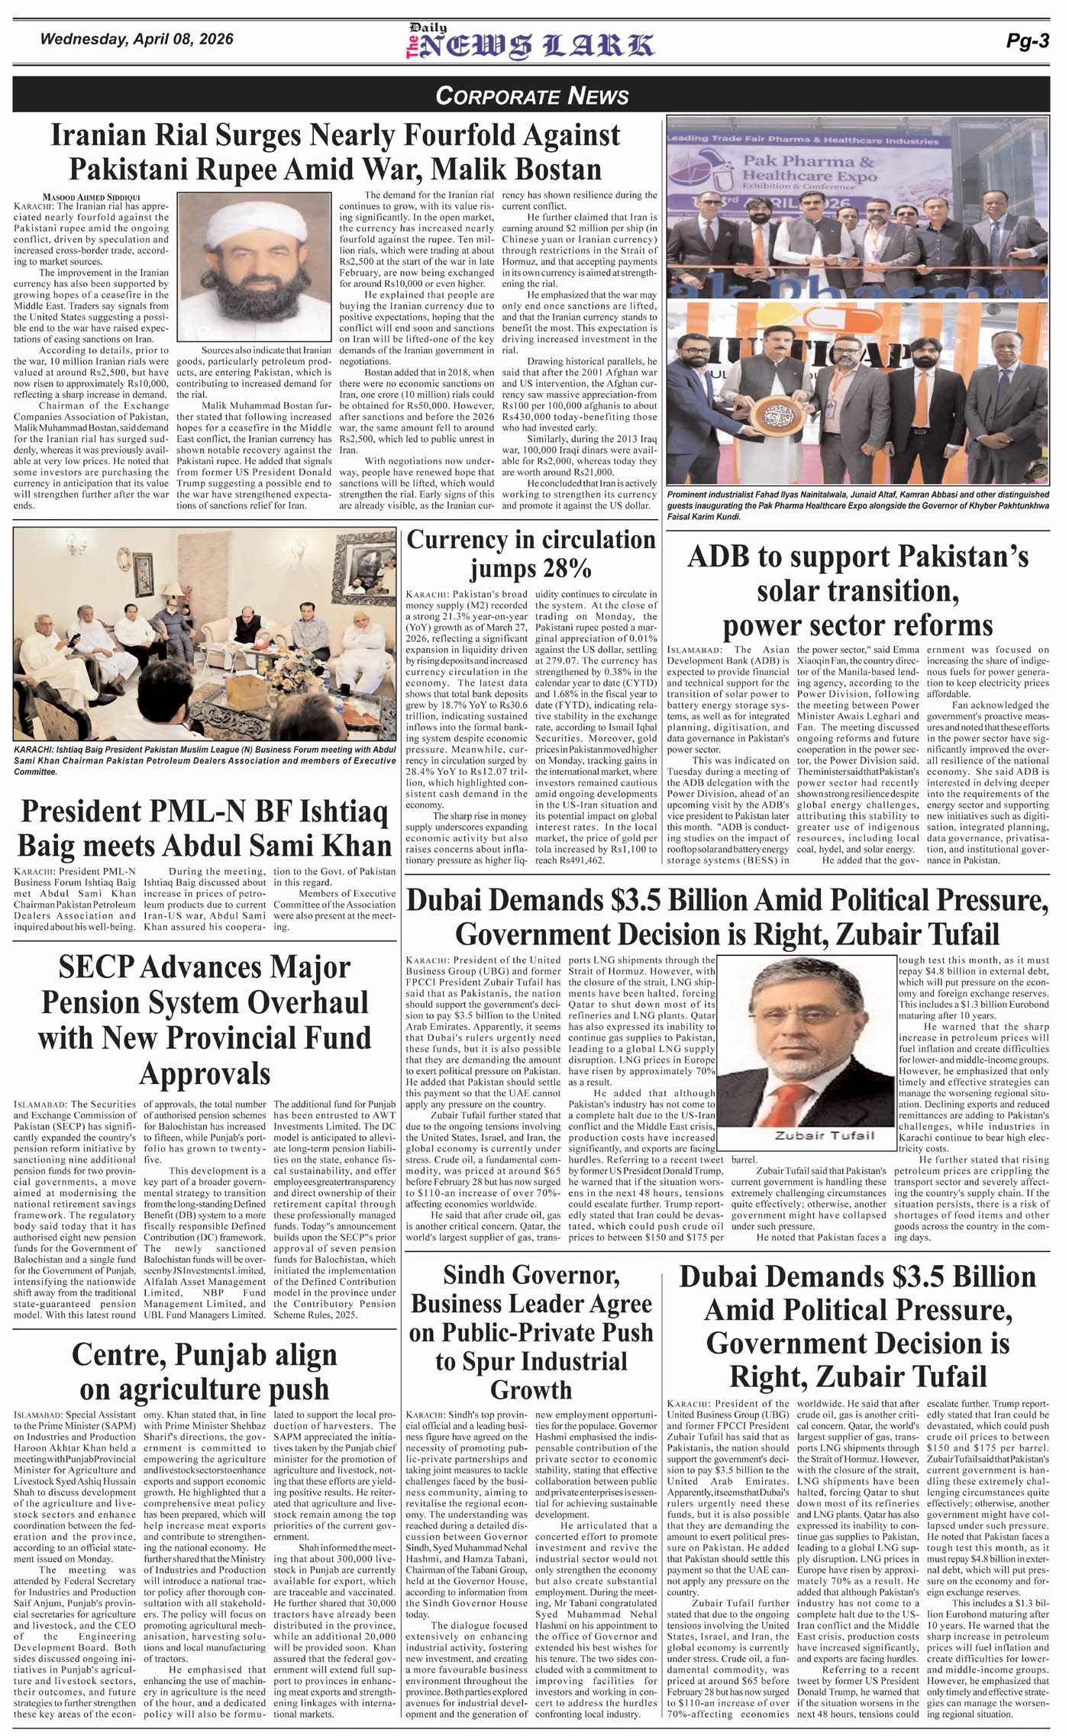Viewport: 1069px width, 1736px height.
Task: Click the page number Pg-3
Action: tap(1027, 41)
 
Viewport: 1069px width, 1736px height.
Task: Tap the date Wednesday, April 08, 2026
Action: tap(137, 39)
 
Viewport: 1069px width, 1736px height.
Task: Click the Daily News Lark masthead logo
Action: tap(530, 43)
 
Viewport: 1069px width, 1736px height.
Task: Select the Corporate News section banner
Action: tap(532, 95)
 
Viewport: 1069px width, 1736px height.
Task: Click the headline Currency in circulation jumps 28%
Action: tap(531, 554)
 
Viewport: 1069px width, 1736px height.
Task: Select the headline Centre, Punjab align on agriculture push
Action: tap(205, 1372)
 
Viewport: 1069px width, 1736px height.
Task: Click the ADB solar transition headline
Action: tap(857, 590)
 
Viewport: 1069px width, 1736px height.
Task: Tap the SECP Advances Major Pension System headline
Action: tap(205, 1019)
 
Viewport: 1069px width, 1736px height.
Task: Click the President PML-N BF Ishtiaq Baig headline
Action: tap(205, 828)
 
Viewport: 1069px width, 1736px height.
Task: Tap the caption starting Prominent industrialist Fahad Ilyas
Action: tap(857, 505)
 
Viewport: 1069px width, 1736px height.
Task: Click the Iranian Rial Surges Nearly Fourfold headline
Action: tap(335, 151)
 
